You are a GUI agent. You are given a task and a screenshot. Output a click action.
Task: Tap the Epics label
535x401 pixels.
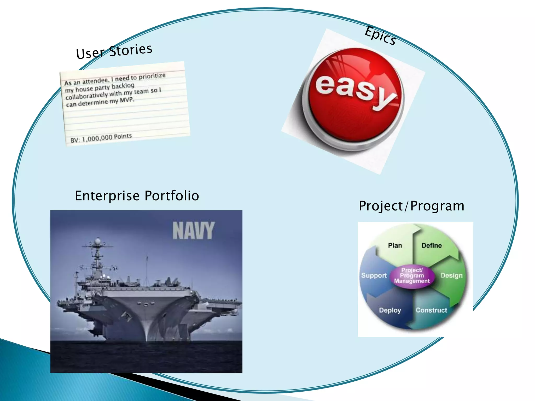click(x=380, y=36)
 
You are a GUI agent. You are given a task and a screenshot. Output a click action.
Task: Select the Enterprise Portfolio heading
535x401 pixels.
click(x=137, y=196)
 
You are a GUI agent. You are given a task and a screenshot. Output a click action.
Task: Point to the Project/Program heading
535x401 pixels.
click(x=411, y=206)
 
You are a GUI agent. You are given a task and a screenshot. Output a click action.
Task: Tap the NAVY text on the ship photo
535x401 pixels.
click(x=194, y=231)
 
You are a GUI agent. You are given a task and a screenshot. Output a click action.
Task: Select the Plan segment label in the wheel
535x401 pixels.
click(x=395, y=245)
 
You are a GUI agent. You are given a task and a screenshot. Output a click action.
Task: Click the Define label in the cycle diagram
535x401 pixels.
click(x=432, y=245)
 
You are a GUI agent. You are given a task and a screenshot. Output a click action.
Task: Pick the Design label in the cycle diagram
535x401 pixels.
click(x=451, y=275)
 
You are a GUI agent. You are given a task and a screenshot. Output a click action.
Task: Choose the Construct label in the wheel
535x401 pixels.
click(x=431, y=310)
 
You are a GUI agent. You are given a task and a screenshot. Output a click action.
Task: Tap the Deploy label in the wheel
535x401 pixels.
click(x=390, y=310)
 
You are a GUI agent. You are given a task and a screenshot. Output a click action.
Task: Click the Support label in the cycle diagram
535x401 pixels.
click(x=374, y=275)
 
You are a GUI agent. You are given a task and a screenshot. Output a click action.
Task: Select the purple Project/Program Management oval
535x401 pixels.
click(x=412, y=276)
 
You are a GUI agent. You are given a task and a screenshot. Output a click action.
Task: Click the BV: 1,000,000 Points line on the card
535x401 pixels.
click(x=101, y=138)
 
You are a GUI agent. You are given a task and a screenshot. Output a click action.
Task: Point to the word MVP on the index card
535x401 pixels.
click(x=127, y=100)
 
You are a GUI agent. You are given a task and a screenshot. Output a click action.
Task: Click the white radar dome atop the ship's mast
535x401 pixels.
click(x=98, y=240)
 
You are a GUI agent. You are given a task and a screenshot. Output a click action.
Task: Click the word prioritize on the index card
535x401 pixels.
click(x=152, y=76)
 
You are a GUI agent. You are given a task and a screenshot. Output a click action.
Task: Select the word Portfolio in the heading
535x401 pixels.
click(x=172, y=196)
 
